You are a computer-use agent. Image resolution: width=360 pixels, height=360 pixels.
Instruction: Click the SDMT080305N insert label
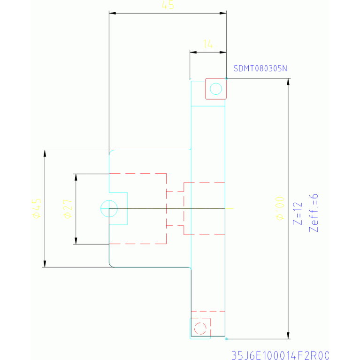pos(260,69)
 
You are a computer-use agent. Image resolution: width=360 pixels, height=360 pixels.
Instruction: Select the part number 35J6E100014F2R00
pos(281,355)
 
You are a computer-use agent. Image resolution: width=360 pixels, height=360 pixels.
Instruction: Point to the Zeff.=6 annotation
pos(314,213)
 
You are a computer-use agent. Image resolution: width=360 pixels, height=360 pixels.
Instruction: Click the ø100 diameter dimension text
pos(281,208)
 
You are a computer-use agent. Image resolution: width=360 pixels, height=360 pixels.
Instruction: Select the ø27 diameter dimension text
pos(68,208)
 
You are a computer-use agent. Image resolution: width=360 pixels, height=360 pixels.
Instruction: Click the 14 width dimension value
pos(208,44)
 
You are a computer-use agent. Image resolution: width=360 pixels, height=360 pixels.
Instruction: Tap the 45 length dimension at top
pos(168,6)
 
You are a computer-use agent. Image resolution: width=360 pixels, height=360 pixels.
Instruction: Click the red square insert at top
pos(216,89)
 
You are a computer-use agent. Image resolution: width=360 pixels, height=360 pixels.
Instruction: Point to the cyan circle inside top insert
pos(216,88)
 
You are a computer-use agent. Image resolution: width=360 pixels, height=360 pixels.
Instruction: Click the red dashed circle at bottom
pos(200,328)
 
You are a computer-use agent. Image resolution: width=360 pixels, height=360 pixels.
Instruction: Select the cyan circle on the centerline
pos(109,208)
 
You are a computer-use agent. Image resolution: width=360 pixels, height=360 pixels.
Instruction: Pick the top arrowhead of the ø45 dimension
pos(45,153)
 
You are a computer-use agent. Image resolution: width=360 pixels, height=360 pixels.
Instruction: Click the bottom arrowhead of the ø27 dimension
pos(76,241)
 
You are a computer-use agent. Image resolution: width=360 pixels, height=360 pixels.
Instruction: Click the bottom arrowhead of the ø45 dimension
pos(45,264)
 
